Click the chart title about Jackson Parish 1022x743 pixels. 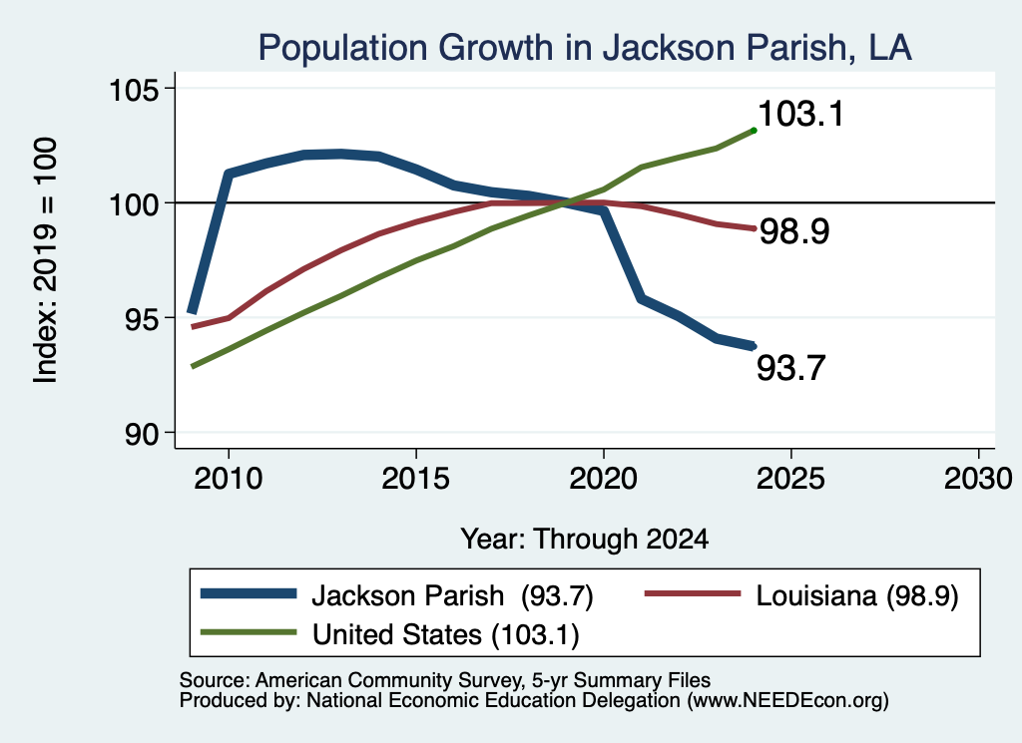585,48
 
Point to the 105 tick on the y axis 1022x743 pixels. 134,89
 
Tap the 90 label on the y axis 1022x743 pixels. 142,434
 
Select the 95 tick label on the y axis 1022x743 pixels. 142,318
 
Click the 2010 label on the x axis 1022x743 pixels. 229,479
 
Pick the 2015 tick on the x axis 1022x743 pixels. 416,479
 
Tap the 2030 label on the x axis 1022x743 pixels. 978,479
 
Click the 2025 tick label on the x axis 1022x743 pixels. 790,479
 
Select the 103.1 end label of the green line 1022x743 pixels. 801,114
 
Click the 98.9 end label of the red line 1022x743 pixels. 794,231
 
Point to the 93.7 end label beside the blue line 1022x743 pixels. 790,368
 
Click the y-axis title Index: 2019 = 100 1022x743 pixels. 46,260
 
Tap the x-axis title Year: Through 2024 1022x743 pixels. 585,540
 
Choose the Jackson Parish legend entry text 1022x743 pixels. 452,595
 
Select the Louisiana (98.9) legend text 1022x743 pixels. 857,595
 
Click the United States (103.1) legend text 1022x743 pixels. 446,635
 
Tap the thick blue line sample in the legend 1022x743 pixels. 249,593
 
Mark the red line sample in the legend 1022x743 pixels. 693,593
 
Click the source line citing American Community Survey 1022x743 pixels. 444,680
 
